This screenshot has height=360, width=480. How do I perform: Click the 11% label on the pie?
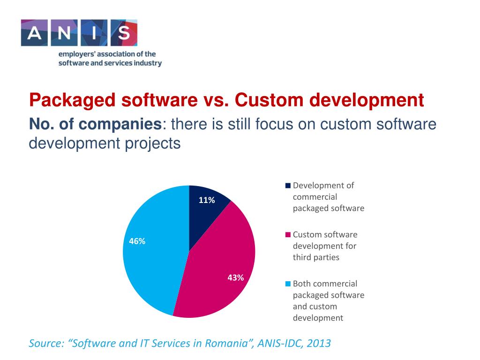coord(207,201)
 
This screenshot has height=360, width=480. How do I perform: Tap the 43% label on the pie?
coord(235,277)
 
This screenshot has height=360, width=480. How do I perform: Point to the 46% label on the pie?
coord(137,241)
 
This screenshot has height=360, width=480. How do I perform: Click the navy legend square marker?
coord(288,186)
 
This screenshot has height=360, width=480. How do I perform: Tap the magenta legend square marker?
coord(288,235)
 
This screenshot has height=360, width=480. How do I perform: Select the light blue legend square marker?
coord(288,284)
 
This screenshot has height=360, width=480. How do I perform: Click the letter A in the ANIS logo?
coord(35,33)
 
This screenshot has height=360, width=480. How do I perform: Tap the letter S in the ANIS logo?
coord(123,33)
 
